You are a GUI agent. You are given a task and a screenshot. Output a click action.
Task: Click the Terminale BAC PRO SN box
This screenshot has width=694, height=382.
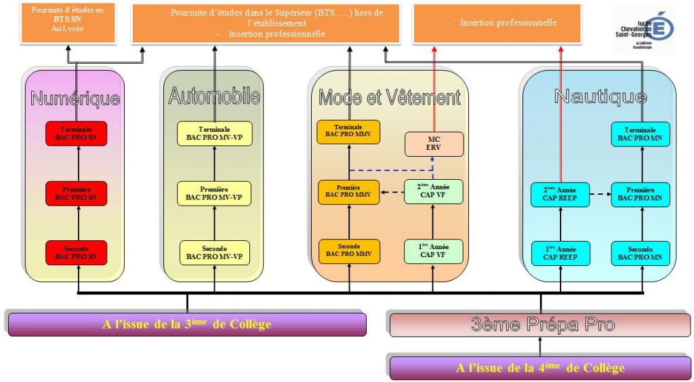76,133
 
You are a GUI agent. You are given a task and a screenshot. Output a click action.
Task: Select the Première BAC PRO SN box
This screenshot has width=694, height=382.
76,193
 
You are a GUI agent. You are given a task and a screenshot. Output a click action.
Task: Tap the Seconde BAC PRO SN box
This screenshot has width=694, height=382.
76,252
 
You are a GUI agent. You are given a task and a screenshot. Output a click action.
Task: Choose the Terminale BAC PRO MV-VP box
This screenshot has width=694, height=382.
214,134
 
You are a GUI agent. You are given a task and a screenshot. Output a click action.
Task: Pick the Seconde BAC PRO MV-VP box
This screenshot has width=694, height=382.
214,252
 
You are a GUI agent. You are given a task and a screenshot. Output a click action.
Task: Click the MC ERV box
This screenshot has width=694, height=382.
434,144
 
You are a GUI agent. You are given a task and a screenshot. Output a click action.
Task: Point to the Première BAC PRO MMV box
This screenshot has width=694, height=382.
348,191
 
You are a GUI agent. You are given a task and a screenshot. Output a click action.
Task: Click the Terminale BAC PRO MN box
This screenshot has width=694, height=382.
640,134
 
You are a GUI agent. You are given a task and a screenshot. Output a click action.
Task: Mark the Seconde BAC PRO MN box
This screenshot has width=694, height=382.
640,253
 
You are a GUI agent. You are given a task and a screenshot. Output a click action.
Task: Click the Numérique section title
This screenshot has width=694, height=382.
75,99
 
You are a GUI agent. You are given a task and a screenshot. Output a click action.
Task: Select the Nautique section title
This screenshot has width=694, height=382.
600,96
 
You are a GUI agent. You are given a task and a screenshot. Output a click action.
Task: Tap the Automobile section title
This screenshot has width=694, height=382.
214,96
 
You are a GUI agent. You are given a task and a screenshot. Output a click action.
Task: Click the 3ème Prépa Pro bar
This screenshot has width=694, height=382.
540,325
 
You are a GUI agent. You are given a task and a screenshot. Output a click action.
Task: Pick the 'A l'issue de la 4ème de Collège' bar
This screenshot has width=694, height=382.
540,368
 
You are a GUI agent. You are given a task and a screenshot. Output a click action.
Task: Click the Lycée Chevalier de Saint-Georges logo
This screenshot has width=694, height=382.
644,28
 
